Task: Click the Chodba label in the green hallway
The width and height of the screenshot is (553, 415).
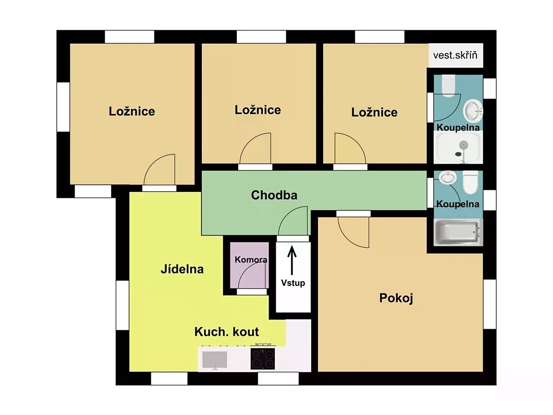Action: coord(274,195)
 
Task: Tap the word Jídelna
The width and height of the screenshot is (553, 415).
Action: coord(182,269)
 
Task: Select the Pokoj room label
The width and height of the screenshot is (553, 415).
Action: coord(396,298)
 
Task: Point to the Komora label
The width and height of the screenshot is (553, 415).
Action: coord(251,260)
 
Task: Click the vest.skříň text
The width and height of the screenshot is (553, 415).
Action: coord(455,55)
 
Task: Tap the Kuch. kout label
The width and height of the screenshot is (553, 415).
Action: coord(226,332)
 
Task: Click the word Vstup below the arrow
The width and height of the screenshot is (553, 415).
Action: coord(293,283)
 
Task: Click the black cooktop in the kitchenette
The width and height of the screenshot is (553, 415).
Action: coord(263,358)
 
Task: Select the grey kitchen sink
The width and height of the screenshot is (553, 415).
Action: coord(215,360)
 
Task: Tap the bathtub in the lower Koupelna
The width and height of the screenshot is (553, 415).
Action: coord(458,232)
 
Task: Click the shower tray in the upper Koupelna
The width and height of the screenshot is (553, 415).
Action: coord(458,147)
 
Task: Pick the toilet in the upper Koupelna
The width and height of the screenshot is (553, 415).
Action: coord(448,86)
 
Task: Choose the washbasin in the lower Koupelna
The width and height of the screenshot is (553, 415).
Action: coord(447,178)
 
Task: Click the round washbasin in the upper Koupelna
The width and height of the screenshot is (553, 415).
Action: coord(473,110)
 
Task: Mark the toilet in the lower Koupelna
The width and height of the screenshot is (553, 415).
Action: coord(471,182)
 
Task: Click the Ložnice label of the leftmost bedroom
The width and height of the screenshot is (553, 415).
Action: coord(132,112)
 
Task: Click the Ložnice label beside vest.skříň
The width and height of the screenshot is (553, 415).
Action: coord(374,113)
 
